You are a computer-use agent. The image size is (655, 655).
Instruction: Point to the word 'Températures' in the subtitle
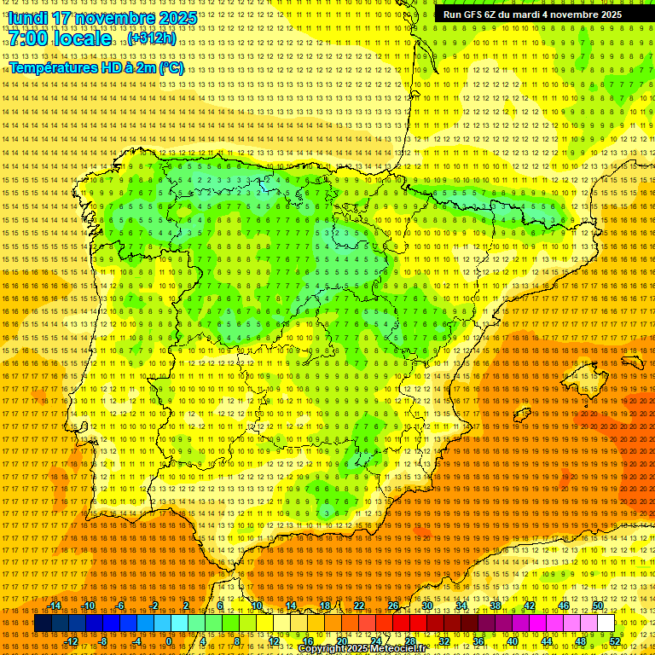coord(51,67)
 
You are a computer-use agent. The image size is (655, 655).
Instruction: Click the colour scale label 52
coord(615,641)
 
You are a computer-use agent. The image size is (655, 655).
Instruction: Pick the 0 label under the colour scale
coord(169,641)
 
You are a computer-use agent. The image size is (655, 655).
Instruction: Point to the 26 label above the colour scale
coord(393,606)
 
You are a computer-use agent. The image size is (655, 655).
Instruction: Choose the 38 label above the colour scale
coord(495,606)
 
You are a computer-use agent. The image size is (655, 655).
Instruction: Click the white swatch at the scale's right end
coord(606,623)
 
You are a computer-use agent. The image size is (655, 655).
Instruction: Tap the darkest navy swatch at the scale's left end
coord(42,623)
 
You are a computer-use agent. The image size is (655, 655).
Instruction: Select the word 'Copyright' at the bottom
coord(321,649)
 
